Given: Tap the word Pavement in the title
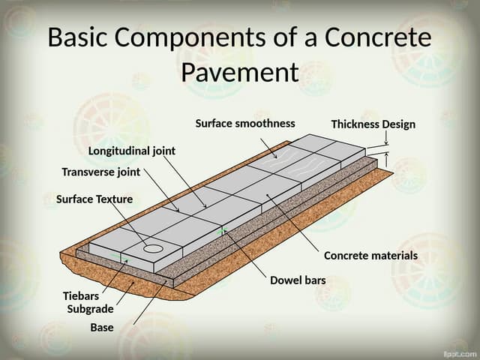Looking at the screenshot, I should point(240,73).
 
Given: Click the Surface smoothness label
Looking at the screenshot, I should point(245,123).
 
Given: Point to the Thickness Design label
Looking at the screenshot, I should point(373,124).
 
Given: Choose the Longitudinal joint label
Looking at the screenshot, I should point(132,151).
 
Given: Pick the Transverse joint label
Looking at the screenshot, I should point(100,172).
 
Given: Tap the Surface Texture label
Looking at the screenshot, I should point(94,199).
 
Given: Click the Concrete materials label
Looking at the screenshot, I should point(370,256).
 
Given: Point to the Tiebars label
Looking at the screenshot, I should point(80,295).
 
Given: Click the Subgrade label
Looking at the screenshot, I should point(90,308).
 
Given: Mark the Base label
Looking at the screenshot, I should point(102,327).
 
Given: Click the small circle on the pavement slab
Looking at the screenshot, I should point(153,247).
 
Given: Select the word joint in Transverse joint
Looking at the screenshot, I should point(127,172).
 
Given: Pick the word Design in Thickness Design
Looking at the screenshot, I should point(398,124).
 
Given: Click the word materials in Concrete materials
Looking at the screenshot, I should point(393,256).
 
